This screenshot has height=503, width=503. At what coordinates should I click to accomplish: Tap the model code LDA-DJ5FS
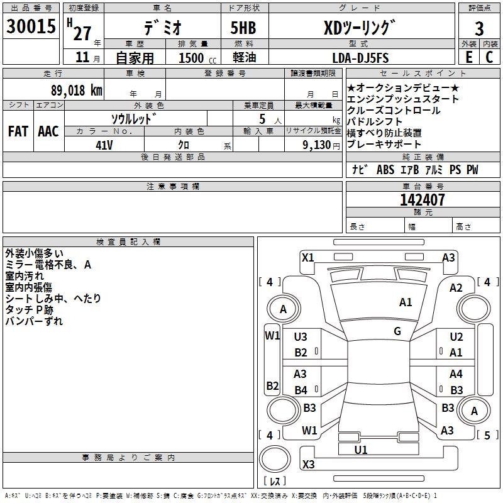click(360, 58)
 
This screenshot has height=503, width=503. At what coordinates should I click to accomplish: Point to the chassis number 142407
click(423, 200)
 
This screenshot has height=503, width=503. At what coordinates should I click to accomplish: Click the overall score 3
click(479, 28)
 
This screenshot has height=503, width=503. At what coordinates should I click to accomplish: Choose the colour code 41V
click(104, 144)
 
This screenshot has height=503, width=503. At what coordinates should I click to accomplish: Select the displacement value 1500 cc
click(194, 58)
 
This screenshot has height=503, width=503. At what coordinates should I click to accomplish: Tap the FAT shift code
click(18, 131)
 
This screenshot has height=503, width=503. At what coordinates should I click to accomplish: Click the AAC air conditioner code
click(48, 131)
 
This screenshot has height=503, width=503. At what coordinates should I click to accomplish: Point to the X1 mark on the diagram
click(307, 257)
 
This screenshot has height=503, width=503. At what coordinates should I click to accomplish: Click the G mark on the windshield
click(397, 331)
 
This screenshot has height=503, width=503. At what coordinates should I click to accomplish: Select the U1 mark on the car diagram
click(361, 450)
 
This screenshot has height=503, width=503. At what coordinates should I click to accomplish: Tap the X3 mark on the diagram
click(308, 465)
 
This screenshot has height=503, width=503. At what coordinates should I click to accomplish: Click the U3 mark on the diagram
click(301, 337)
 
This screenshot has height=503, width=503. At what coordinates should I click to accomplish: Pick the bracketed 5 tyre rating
click(487, 435)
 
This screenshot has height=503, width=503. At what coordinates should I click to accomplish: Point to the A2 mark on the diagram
click(456, 287)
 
